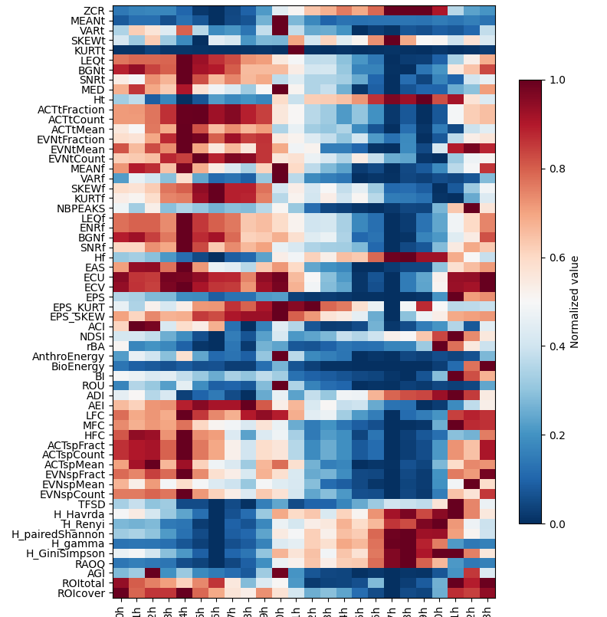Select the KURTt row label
(x=90, y=50)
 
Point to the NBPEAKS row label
(x=80, y=208)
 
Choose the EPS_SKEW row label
(x=77, y=317)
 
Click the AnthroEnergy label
(x=69, y=356)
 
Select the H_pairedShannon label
(x=64, y=533)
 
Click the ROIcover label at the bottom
(x=83, y=593)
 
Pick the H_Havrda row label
(x=80, y=514)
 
